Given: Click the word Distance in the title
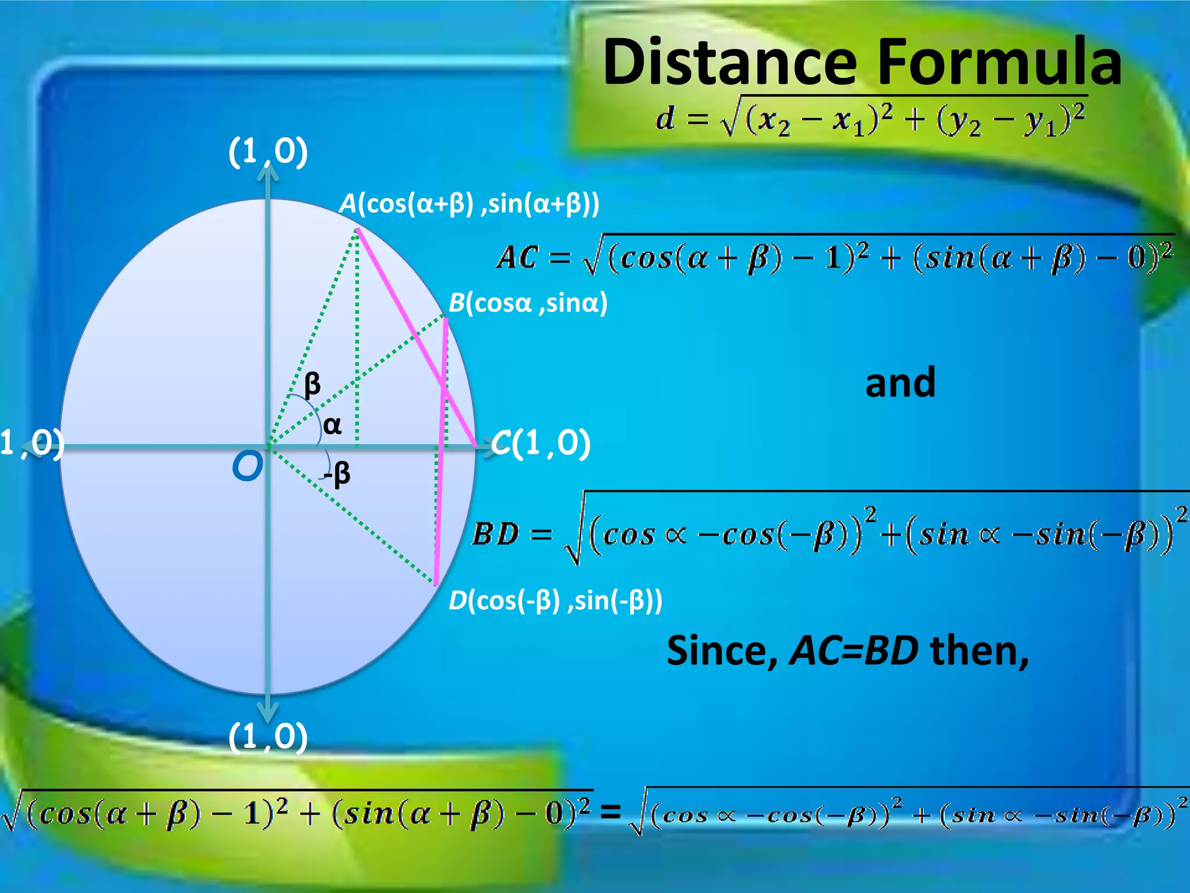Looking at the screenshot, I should coord(730,62).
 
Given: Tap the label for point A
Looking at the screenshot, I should coord(469,204).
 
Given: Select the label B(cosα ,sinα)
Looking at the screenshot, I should coord(528,303).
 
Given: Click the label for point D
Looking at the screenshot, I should coord(555,601).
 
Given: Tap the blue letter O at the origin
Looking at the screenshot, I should coord(247,466).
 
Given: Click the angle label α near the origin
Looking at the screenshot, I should coord(332,425).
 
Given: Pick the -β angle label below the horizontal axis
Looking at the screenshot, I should coord(338,474).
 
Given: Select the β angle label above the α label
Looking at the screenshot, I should coord(312,384).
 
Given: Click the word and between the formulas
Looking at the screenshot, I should coord(900,383).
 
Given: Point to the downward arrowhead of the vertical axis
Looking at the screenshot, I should coord(268,713).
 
